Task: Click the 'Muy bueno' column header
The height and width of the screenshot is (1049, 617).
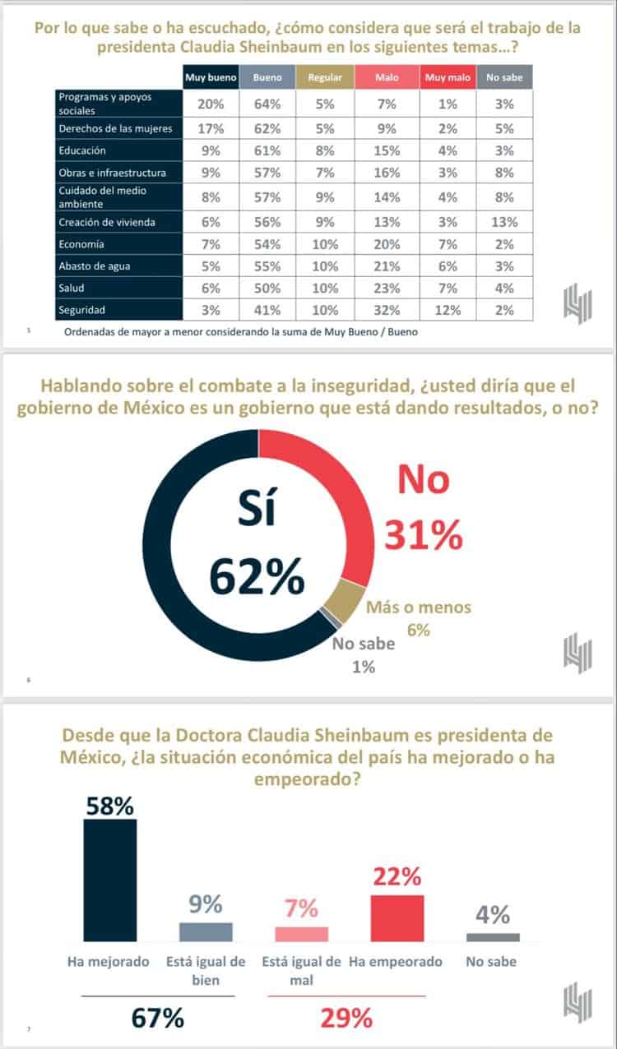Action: click(211, 77)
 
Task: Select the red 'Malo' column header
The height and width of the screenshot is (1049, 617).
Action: click(387, 77)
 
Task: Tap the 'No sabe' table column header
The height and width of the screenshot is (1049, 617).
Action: click(504, 77)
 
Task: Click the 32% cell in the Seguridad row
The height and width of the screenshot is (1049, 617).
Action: click(387, 310)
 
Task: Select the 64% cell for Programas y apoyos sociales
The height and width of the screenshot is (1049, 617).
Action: click(268, 103)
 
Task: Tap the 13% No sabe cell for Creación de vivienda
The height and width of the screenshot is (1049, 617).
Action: click(504, 222)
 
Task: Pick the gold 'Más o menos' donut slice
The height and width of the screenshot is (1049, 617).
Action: click(347, 601)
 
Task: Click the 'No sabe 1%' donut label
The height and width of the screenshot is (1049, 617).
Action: click(364, 654)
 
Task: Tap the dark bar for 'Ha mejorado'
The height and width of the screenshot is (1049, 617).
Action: click(110, 880)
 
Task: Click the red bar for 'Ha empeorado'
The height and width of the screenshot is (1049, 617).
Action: click(397, 917)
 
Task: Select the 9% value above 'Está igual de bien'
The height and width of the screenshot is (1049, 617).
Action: click(206, 905)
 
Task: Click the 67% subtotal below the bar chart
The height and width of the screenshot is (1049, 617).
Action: click(158, 1018)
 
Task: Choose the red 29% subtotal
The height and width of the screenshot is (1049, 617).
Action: click(346, 1018)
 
